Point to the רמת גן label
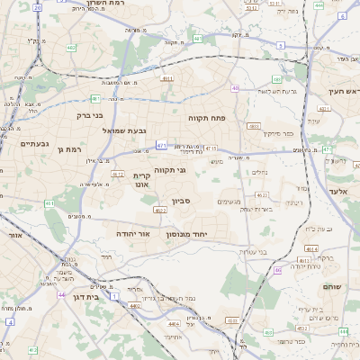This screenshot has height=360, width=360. pyautogui.click(x=70, y=149)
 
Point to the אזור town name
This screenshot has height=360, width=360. pyautogui.click(x=14, y=235)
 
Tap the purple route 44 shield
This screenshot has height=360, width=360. pyautogui.click(x=61, y=294)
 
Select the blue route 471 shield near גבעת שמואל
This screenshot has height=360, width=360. pyautogui.click(x=161, y=144)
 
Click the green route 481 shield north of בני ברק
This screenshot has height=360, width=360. pyautogui.click(x=95, y=99)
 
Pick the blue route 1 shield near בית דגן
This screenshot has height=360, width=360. pyautogui.click(x=115, y=294)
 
